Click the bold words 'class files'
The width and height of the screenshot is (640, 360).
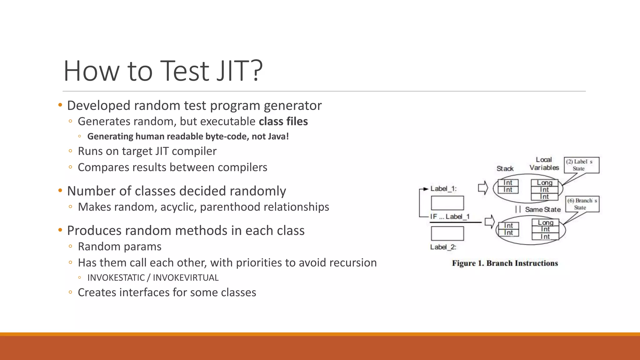(283, 121)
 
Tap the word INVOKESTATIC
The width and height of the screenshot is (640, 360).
(116, 277)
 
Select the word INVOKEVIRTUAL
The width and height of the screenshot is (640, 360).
(186, 277)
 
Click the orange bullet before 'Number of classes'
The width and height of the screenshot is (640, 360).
(60, 191)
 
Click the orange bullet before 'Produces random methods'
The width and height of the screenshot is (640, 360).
(60, 230)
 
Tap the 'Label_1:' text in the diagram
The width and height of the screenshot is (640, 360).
(443, 189)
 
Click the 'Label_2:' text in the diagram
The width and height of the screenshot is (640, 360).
(443, 247)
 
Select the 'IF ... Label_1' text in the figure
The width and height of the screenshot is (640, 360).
(450, 217)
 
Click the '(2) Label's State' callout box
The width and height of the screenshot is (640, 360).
(581, 165)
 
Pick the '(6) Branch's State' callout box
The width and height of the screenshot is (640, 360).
(582, 204)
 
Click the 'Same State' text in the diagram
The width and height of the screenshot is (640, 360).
(542, 210)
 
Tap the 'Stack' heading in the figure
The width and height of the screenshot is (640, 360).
(505, 169)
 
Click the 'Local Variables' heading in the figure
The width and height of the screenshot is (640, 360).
(544, 164)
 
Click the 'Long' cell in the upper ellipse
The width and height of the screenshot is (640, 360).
(544, 182)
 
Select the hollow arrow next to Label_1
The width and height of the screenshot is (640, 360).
(483, 188)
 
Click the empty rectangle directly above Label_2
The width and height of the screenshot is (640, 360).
(447, 233)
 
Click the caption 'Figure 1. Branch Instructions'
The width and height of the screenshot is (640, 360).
(505, 263)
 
